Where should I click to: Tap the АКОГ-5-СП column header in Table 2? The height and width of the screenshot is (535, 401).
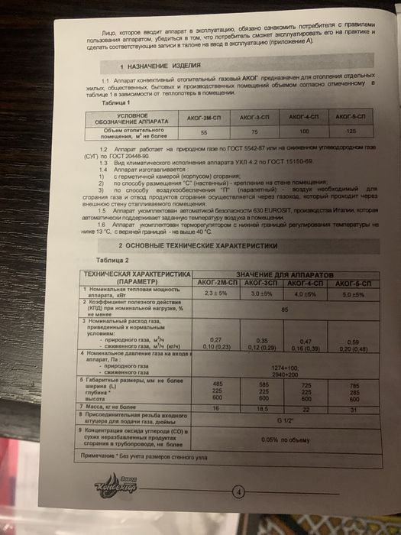click(354, 282)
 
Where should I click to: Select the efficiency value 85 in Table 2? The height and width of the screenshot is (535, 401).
click(285, 309)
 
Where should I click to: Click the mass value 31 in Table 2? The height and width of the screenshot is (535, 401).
click(354, 410)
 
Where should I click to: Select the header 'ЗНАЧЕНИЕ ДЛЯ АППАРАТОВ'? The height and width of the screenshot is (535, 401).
click(284, 274)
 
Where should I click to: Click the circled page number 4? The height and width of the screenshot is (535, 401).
click(238, 491)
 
